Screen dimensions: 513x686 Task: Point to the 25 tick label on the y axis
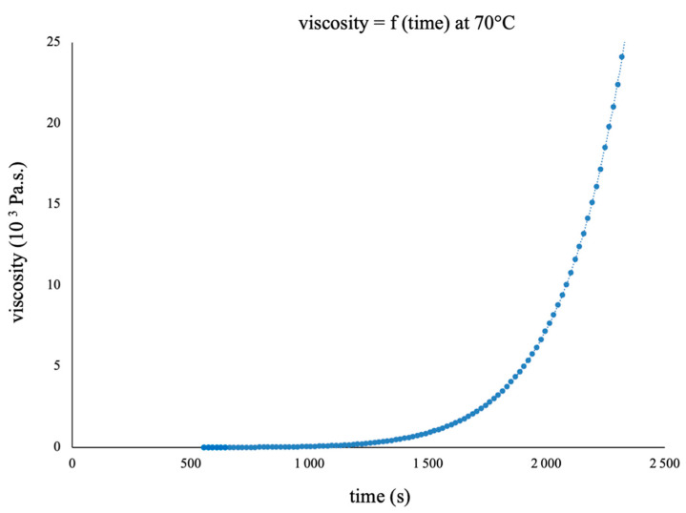click(x=55, y=42)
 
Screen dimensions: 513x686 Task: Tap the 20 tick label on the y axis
click(x=55, y=123)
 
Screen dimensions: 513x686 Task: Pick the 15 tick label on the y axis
click(x=55, y=204)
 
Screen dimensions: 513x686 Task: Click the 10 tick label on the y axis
click(x=55, y=285)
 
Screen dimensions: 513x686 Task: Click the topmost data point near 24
click(x=622, y=56)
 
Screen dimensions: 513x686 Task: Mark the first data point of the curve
click(x=204, y=446)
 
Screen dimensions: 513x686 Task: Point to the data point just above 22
click(x=617, y=85)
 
